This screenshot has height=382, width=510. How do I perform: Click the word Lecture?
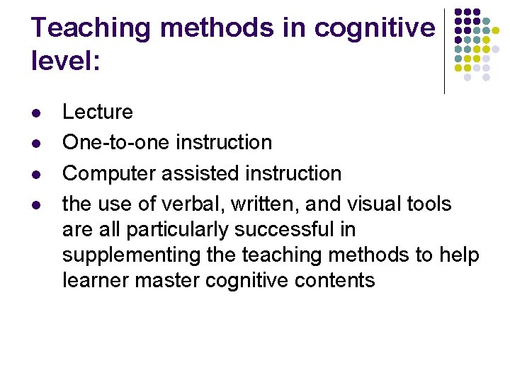tap(98, 112)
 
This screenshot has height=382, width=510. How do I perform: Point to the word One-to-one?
tap(116, 142)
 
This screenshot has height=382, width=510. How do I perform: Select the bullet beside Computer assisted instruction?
tap(36, 174)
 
